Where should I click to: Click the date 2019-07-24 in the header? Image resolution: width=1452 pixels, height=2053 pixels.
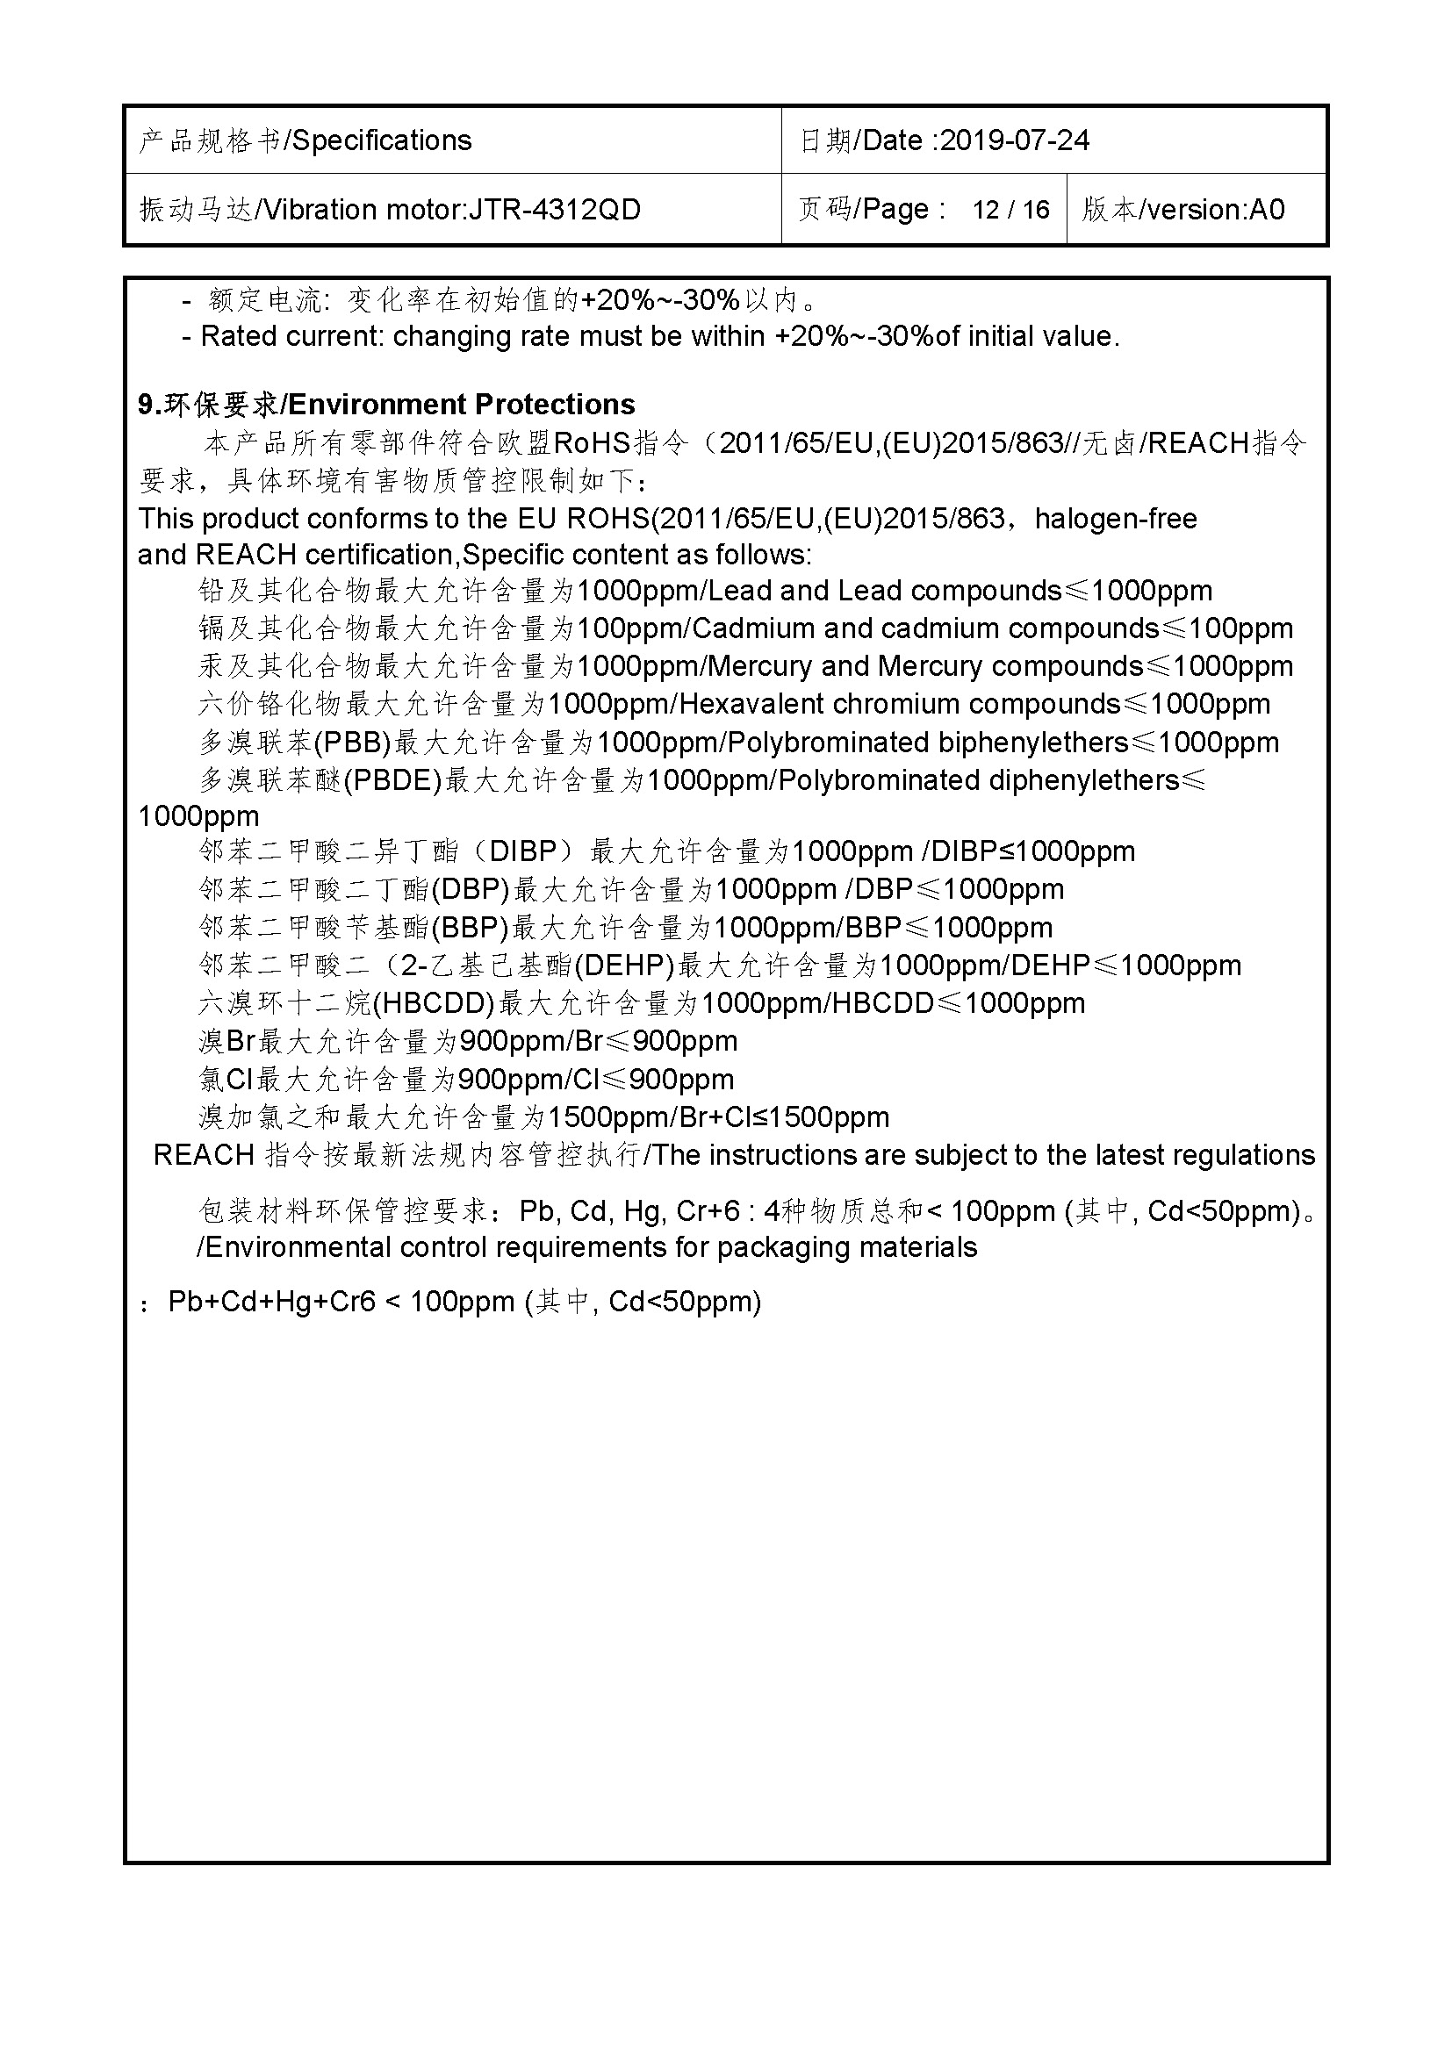1015,140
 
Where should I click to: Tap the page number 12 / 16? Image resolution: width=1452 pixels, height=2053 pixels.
1010,209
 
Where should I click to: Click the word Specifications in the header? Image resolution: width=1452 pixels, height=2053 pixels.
382,140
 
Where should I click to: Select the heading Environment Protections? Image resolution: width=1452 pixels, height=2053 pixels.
462,404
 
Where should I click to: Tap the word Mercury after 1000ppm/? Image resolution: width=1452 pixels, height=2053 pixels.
760,666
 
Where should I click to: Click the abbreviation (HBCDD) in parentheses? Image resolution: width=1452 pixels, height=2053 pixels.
433,1003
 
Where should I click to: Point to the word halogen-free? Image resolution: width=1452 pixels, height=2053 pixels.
1115,519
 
